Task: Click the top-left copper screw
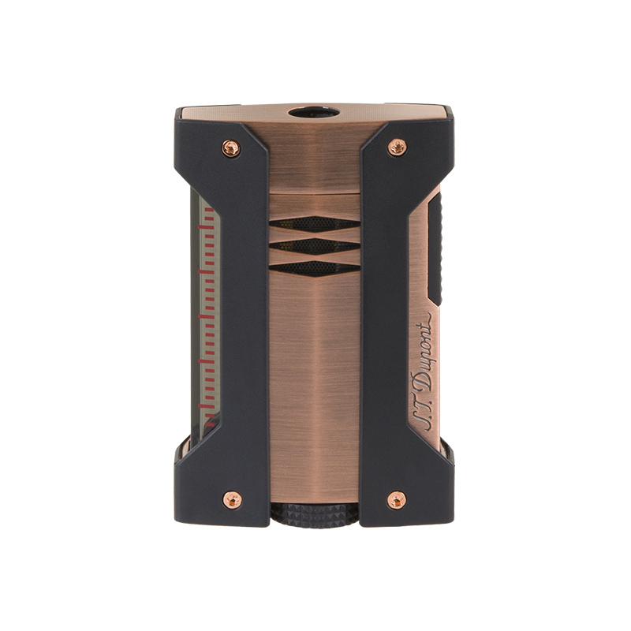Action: point(231,148)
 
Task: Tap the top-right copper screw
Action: point(397,147)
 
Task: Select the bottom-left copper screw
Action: point(232,500)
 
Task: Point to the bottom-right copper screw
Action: point(397,500)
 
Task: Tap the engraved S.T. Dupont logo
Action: point(421,372)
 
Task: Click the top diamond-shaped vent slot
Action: point(314,224)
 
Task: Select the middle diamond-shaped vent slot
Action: point(314,246)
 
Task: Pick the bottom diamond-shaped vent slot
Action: point(314,268)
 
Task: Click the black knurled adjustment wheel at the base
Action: point(314,516)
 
